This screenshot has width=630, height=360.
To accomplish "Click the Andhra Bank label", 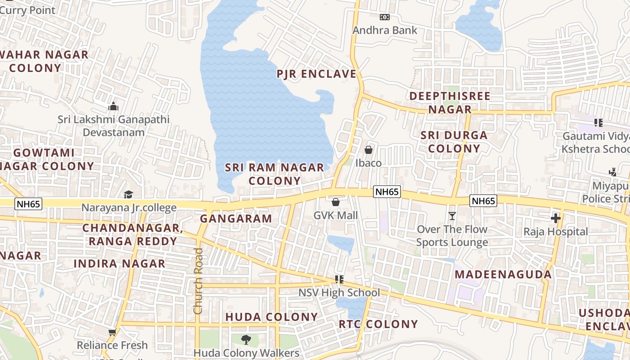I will click(x=385, y=30).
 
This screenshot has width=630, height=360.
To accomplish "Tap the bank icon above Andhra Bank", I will click(x=384, y=17).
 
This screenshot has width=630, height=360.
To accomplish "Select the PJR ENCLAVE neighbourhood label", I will click(x=316, y=74).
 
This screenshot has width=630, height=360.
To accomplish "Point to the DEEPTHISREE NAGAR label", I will click(x=450, y=103).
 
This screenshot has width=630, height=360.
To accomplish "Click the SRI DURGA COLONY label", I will click(x=454, y=142).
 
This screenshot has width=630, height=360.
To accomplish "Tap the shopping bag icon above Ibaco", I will click(x=369, y=150).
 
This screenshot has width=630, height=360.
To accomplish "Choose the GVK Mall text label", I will click(x=336, y=216).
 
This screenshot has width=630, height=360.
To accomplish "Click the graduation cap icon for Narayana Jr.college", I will click(x=129, y=194).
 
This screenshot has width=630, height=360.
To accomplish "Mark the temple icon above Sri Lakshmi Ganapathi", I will click(x=113, y=106).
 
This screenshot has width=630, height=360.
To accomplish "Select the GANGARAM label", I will click(x=236, y=219).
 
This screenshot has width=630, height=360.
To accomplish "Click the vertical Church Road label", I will click(x=198, y=281).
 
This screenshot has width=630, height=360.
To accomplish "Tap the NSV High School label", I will click(x=339, y=293).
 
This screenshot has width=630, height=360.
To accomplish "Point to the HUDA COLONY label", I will click(x=271, y=317).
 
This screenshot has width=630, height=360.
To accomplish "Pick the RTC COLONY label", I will click(x=378, y=324).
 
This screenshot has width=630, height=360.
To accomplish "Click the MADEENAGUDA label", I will click(x=503, y=274).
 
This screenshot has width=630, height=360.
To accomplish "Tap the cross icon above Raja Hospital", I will click(x=556, y=218).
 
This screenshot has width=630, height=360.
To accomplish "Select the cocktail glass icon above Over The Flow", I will click(x=452, y=216).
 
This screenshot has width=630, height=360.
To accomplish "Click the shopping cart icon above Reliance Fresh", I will click(x=112, y=332).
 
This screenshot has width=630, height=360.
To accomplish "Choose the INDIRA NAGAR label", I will click(x=119, y=264).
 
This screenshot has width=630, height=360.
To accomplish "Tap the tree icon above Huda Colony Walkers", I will click(x=246, y=339).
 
